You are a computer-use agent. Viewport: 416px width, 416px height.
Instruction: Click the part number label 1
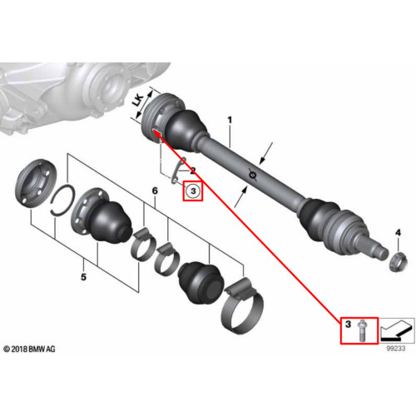tap(230, 121)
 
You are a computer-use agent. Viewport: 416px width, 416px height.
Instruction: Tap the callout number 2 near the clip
tap(192, 171)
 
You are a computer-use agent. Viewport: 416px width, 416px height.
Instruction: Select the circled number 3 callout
tap(193, 191)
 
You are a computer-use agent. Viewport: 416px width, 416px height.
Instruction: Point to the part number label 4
tap(398, 233)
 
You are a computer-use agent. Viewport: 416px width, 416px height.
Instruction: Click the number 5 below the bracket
tap(83, 277)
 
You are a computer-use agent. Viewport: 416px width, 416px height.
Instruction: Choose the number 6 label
tap(155, 191)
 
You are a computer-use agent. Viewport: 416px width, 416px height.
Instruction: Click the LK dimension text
tap(138, 101)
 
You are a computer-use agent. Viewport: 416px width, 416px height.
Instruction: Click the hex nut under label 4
tap(398, 261)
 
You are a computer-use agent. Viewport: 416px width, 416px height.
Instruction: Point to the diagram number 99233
tap(396, 349)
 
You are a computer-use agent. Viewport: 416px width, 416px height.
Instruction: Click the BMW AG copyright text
tap(29, 349)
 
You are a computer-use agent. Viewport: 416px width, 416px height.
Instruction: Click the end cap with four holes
tap(36, 183)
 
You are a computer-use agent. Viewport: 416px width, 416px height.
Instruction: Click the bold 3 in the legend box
tap(348, 324)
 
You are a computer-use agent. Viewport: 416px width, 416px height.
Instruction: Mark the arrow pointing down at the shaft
tap(266, 153)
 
